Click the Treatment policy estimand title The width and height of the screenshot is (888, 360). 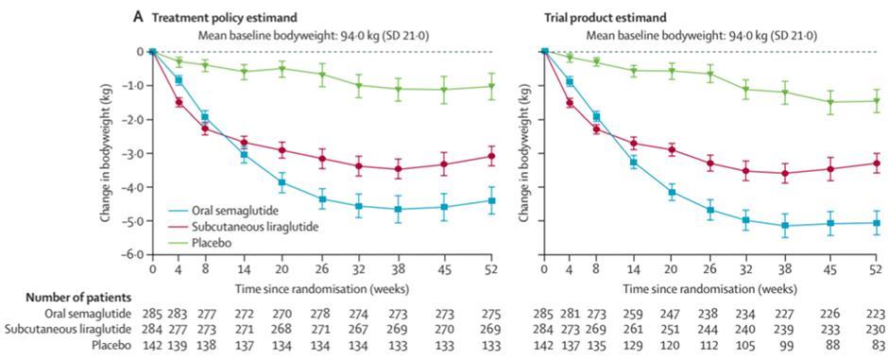[x=223, y=18]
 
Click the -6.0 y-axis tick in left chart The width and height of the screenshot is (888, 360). [x=130, y=255]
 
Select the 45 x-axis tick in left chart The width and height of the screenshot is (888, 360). [x=444, y=267]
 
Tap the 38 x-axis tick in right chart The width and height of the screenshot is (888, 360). [x=785, y=267]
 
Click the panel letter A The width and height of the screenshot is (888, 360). [x=138, y=18]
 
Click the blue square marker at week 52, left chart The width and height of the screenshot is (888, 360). [x=491, y=201]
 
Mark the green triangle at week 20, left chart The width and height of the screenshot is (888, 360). [x=282, y=69]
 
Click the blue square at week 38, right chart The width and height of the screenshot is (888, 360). [x=785, y=225]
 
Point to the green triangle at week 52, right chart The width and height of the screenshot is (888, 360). [x=877, y=101]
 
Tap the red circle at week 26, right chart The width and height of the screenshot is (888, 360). [x=710, y=163]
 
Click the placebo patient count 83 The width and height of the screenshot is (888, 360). [x=876, y=344]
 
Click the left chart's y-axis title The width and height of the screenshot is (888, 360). [x=106, y=153]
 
